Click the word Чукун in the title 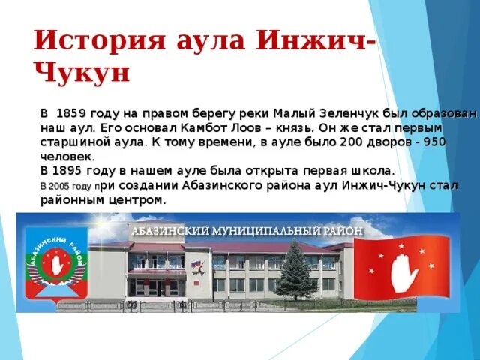click(82, 73)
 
